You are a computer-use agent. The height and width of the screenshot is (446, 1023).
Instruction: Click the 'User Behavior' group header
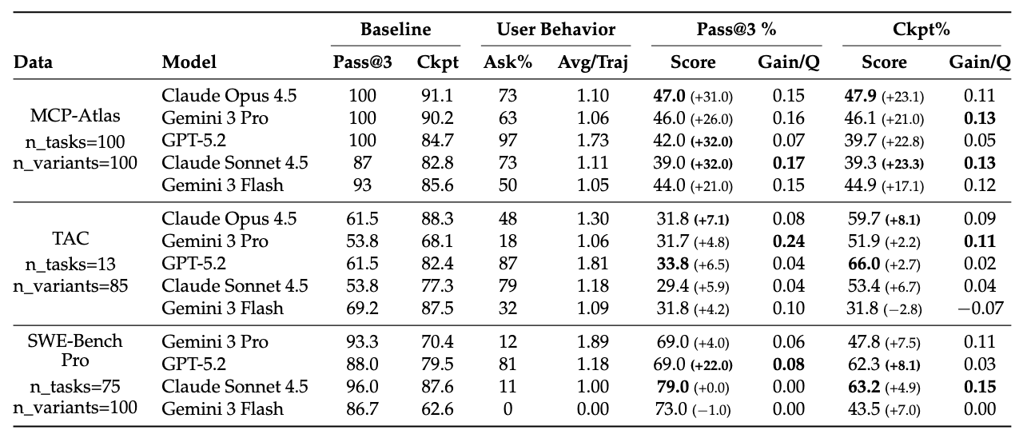tap(556, 30)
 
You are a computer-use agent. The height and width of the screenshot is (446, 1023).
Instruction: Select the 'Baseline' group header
tap(395, 30)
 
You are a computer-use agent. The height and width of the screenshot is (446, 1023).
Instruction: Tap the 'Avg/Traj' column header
tap(592, 62)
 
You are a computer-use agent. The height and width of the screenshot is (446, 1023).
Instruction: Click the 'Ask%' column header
tap(508, 62)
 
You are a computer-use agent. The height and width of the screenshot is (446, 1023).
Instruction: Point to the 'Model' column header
tap(189, 62)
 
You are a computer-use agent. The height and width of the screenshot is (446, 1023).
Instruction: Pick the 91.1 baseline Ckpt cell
tap(436, 96)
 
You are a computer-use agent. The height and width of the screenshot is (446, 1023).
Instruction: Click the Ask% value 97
tap(508, 141)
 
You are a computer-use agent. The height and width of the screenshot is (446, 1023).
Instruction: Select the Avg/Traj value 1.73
tap(592, 141)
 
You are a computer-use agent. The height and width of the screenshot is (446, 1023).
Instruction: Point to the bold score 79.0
tap(671, 386)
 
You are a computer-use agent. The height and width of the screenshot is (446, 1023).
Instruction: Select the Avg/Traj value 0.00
tap(592, 408)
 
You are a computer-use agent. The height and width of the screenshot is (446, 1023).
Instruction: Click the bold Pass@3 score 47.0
tap(671, 96)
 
